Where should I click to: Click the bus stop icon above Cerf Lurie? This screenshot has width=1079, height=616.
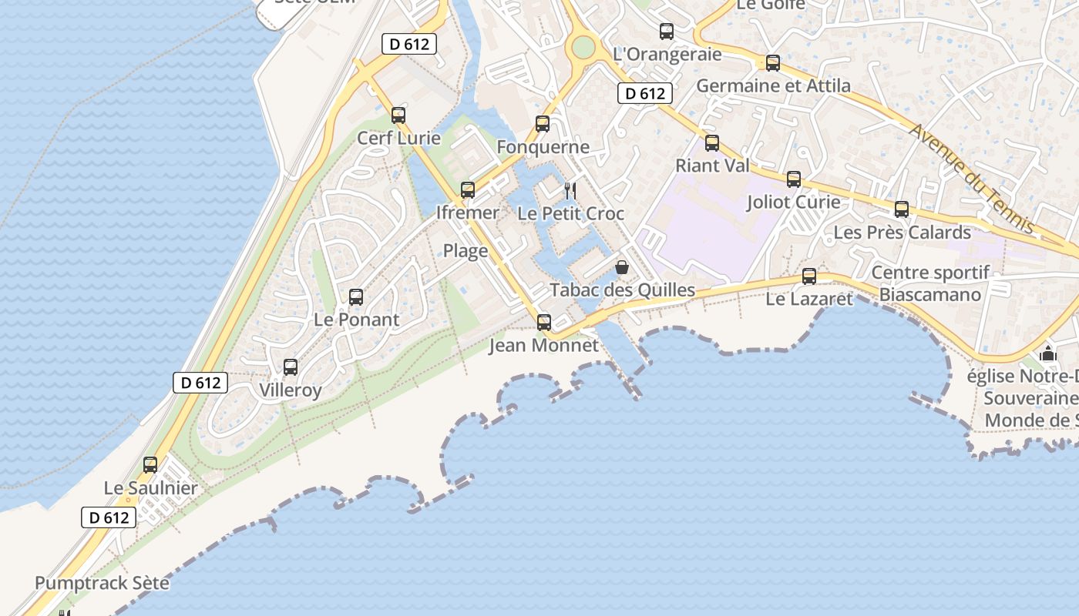(x=398, y=115)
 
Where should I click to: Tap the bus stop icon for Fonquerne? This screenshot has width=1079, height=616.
(x=543, y=124)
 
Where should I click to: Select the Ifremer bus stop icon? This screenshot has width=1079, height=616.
(x=468, y=189)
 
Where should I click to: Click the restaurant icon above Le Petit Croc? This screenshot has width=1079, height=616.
(x=570, y=190)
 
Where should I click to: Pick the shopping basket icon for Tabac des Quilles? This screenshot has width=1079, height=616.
(x=622, y=267)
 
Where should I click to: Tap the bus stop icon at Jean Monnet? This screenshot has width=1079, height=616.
(x=544, y=322)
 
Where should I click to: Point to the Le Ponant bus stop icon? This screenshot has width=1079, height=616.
(x=356, y=296)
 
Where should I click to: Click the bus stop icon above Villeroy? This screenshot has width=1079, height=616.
(x=291, y=367)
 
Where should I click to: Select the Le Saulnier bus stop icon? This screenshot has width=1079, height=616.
(x=150, y=465)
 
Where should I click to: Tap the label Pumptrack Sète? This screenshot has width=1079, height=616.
(x=102, y=583)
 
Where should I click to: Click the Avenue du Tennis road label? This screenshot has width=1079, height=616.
(x=972, y=178)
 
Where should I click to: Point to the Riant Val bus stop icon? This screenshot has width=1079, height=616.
(x=712, y=142)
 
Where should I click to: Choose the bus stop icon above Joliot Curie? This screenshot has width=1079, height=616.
(x=794, y=179)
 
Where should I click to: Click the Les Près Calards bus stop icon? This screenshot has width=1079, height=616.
(x=902, y=209)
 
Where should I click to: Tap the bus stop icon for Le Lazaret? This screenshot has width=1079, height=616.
(x=809, y=276)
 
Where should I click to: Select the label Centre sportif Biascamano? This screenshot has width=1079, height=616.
(x=930, y=283)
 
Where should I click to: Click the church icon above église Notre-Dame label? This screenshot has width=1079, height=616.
(x=1048, y=354)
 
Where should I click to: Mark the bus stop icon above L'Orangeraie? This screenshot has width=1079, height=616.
(x=667, y=32)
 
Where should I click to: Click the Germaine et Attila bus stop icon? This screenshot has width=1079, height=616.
(x=773, y=63)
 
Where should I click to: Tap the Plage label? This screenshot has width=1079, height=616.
(x=466, y=251)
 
